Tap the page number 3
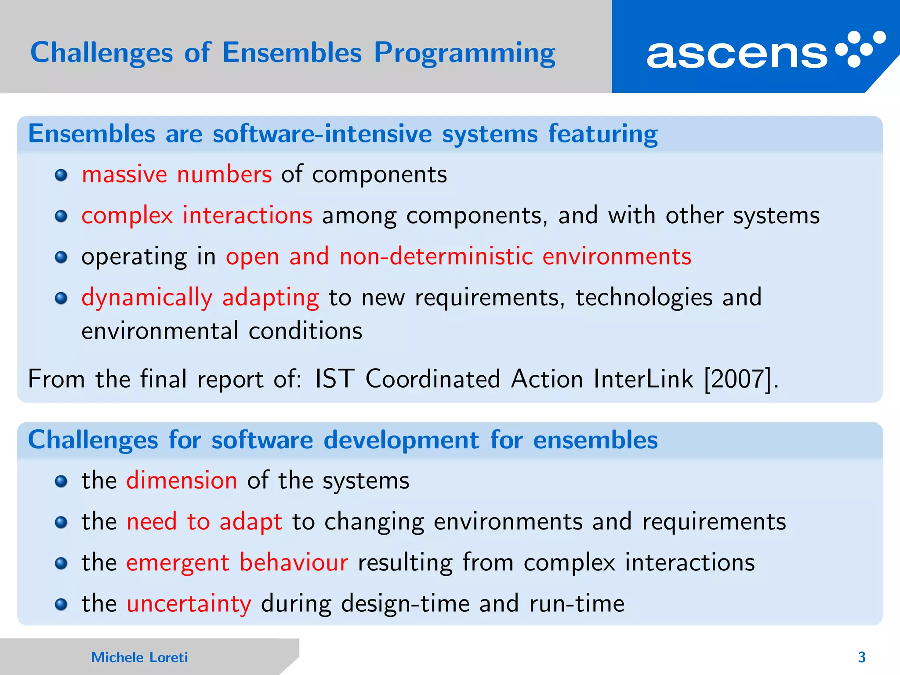click(x=861, y=657)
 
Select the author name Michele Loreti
click(x=139, y=657)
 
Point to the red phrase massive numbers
click(x=177, y=174)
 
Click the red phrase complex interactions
click(x=197, y=215)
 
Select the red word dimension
click(x=181, y=480)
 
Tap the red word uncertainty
click(x=189, y=603)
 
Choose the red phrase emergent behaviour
click(x=237, y=562)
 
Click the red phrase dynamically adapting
click(x=200, y=298)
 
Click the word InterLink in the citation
click(x=643, y=379)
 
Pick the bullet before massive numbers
click(x=61, y=176)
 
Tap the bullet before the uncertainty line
click(x=61, y=605)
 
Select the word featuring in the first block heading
click(x=602, y=134)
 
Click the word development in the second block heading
click(x=401, y=440)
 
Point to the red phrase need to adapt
click(x=204, y=522)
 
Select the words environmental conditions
click(x=222, y=331)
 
